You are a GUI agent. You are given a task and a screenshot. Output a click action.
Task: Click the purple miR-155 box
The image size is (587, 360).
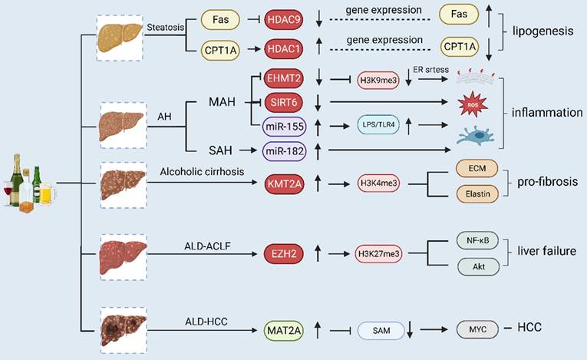[x=284, y=124]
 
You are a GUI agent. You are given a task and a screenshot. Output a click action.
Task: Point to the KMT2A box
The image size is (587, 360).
[x=284, y=184]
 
